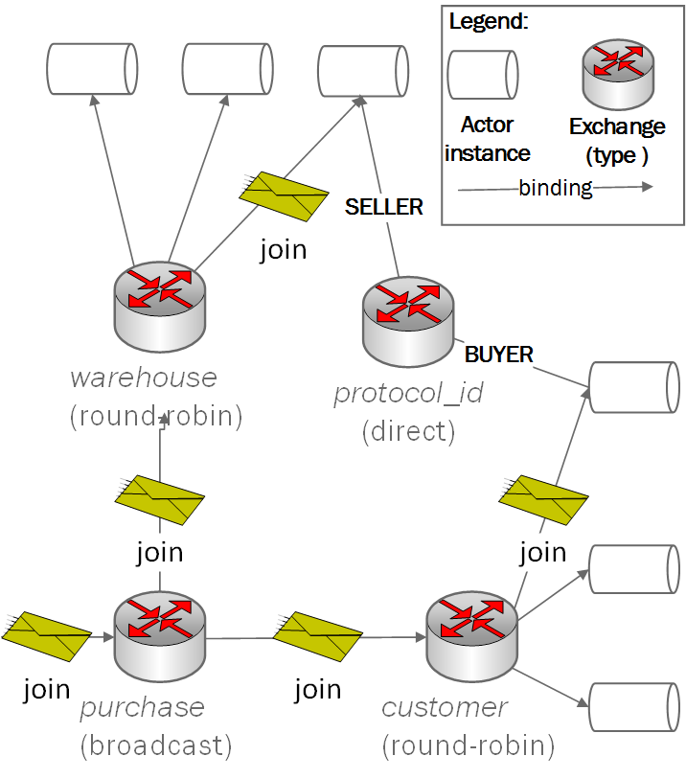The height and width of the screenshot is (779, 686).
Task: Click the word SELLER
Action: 383,207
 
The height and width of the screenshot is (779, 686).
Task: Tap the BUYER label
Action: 498,355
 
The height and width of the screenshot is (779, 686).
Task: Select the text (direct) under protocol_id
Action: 408,431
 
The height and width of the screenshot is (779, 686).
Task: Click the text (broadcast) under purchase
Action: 156,745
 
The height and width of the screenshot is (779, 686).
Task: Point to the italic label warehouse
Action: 144,377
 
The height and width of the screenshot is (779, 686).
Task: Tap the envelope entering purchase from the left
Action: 45,633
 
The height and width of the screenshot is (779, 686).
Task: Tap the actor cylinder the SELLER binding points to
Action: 363,68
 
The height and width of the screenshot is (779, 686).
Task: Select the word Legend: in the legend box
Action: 489,21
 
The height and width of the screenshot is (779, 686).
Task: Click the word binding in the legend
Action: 556,188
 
